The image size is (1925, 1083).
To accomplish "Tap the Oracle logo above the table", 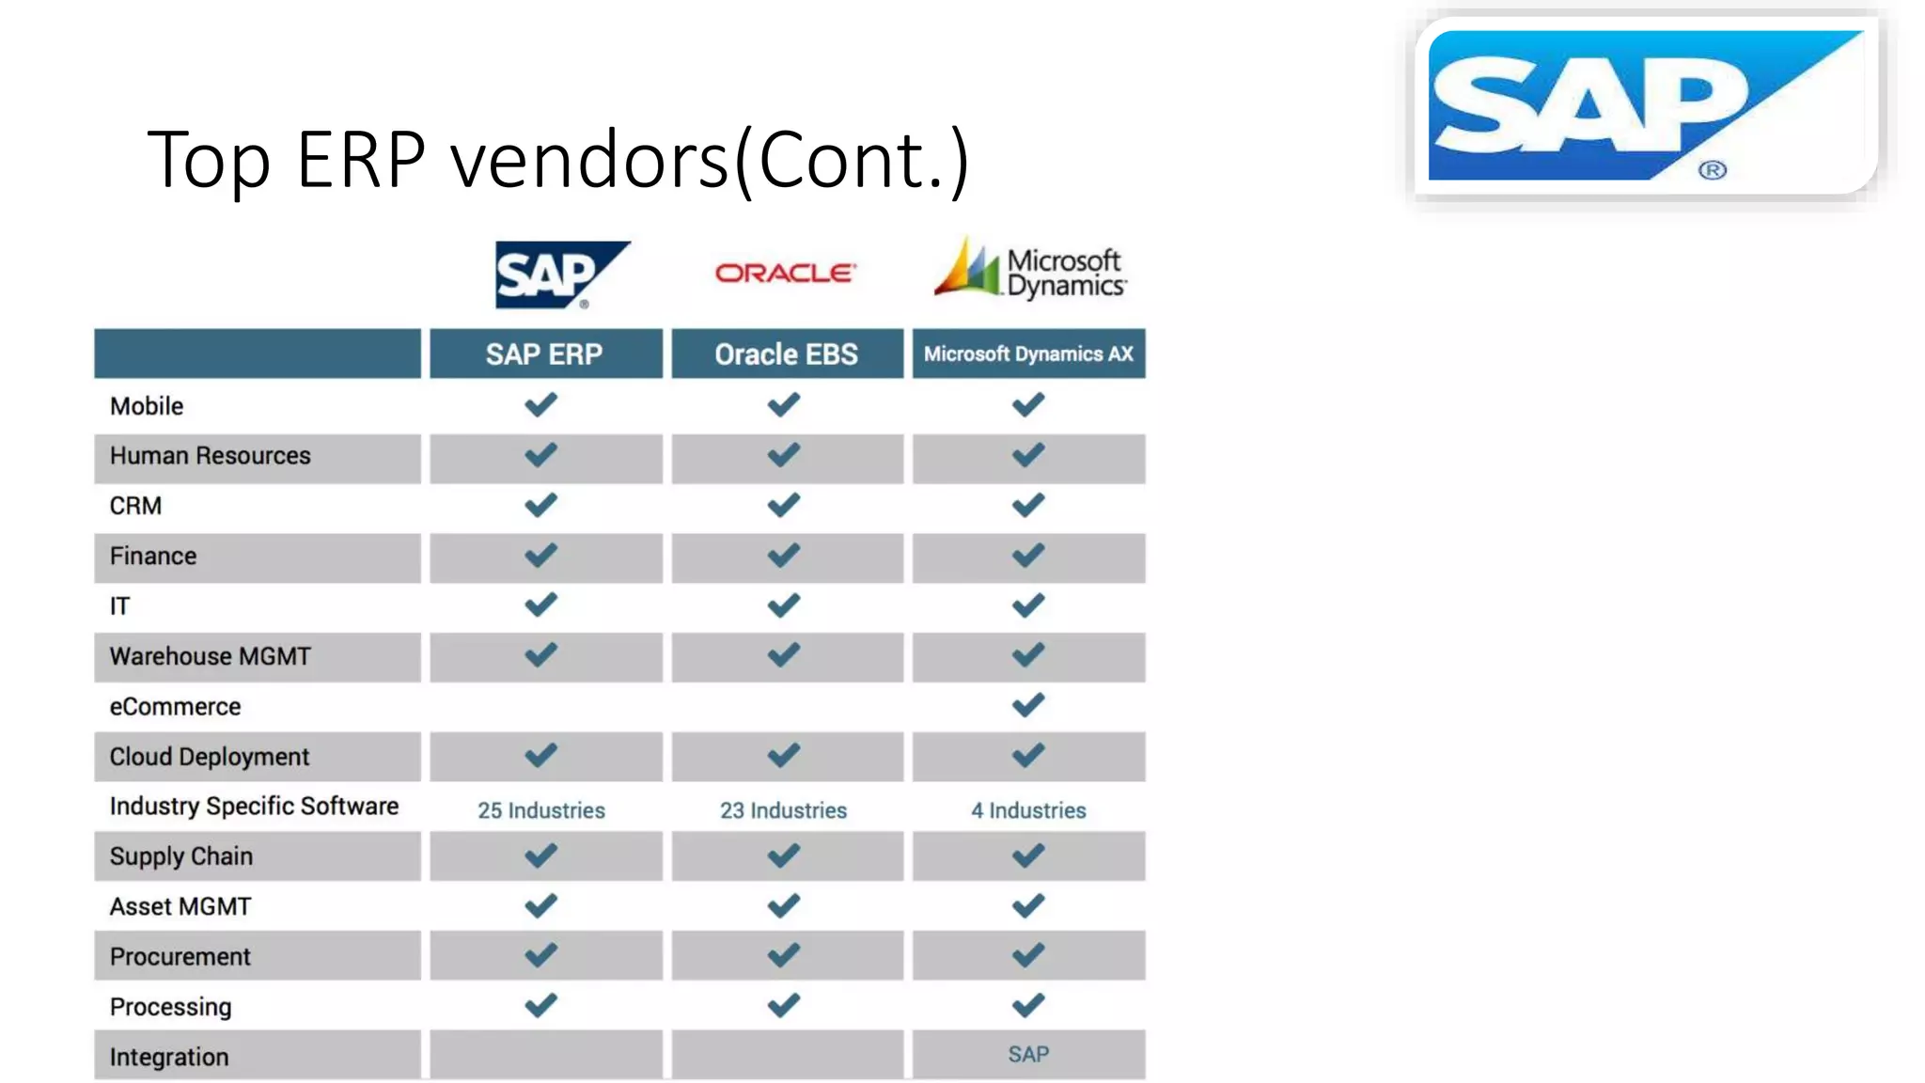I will tap(785, 273).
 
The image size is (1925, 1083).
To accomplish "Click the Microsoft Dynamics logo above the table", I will tap(1030, 271).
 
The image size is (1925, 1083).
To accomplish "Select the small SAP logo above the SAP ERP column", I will tap(560, 275).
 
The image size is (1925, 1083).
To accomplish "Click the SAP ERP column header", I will tap(545, 354).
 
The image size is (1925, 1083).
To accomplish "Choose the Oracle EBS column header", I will tap(787, 354).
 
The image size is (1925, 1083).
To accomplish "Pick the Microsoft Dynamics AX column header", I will tap(1028, 354).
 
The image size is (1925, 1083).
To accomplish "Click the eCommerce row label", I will tap(176, 706).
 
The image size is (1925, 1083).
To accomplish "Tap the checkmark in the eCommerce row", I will tap(1028, 705).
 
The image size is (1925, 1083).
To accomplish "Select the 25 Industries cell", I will tap(541, 809).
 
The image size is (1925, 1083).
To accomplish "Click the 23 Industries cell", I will tap(784, 809).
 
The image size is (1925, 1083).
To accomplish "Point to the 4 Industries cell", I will tap(1028, 809).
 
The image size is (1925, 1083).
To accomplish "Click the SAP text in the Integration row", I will tap(1028, 1054).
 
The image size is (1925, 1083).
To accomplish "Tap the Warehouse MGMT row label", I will tap(211, 656).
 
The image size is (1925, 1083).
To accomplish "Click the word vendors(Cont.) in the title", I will tap(710, 160).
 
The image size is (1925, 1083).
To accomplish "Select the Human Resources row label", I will tap(211, 456).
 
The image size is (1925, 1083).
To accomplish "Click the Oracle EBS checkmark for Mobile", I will tap(784, 405).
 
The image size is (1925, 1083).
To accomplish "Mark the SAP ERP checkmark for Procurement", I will tap(541, 955).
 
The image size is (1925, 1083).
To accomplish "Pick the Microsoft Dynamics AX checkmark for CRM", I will tap(1028, 505).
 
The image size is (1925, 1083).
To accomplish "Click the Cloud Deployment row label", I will tap(210, 757).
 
